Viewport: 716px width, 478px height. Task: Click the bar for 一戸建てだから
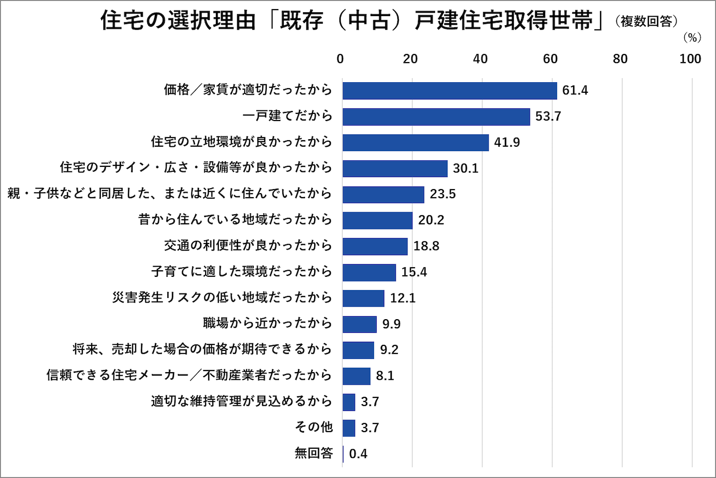[x=436, y=117]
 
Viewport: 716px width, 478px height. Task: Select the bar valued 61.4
[x=450, y=91]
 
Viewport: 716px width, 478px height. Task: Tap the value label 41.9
[x=507, y=143]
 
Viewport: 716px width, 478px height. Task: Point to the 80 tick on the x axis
[x=620, y=59]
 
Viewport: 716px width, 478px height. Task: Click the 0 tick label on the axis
[x=340, y=59]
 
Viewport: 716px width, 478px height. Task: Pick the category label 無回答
[x=314, y=453]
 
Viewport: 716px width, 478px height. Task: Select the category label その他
[x=314, y=427]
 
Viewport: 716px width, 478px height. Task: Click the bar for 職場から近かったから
[x=360, y=324]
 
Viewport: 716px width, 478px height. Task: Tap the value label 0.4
[x=358, y=454]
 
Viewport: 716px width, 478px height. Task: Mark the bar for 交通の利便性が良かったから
[x=375, y=247]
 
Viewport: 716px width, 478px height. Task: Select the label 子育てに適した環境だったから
[x=242, y=272]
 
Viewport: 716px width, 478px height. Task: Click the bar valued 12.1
[x=364, y=298]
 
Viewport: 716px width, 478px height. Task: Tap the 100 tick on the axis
[x=690, y=59]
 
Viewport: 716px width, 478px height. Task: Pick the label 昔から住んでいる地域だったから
[x=235, y=220]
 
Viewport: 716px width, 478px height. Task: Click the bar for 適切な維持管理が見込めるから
[x=349, y=402]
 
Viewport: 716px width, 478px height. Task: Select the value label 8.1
[x=385, y=376]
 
